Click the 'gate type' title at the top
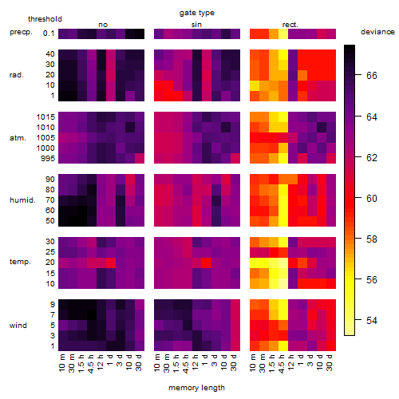(197, 13)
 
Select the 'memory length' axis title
(196, 388)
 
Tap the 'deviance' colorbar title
(377, 32)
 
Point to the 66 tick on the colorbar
(358, 75)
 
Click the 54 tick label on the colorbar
(372, 320)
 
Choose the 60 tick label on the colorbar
(372, 199)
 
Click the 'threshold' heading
(45, 19)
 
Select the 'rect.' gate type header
(290, 25)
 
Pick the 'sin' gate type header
(196, 25)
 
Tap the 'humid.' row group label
(22, 199)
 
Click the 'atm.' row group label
(18, 138)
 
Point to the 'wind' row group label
(18, 325)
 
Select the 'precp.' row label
(21, 32)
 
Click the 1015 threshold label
(45, 117)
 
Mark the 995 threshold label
(48, 159)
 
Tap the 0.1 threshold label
(49, 34)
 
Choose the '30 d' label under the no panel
(138, 362)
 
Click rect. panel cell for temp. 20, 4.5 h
(283, 263)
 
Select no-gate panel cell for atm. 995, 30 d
(140, 159)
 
